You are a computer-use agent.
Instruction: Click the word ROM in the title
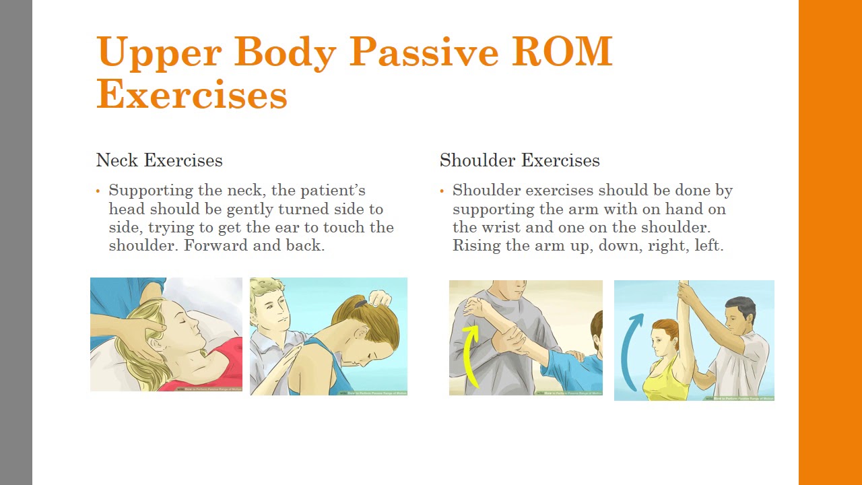[562, 52]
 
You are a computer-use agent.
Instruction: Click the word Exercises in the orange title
[192, 95]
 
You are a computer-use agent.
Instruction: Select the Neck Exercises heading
[159, 160]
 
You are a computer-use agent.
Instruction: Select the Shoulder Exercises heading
[519, 160]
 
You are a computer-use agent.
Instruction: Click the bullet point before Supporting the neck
[98, 191]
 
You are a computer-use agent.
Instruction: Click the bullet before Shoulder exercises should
[442, 191]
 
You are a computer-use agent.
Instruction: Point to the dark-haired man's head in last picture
[739, 312]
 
